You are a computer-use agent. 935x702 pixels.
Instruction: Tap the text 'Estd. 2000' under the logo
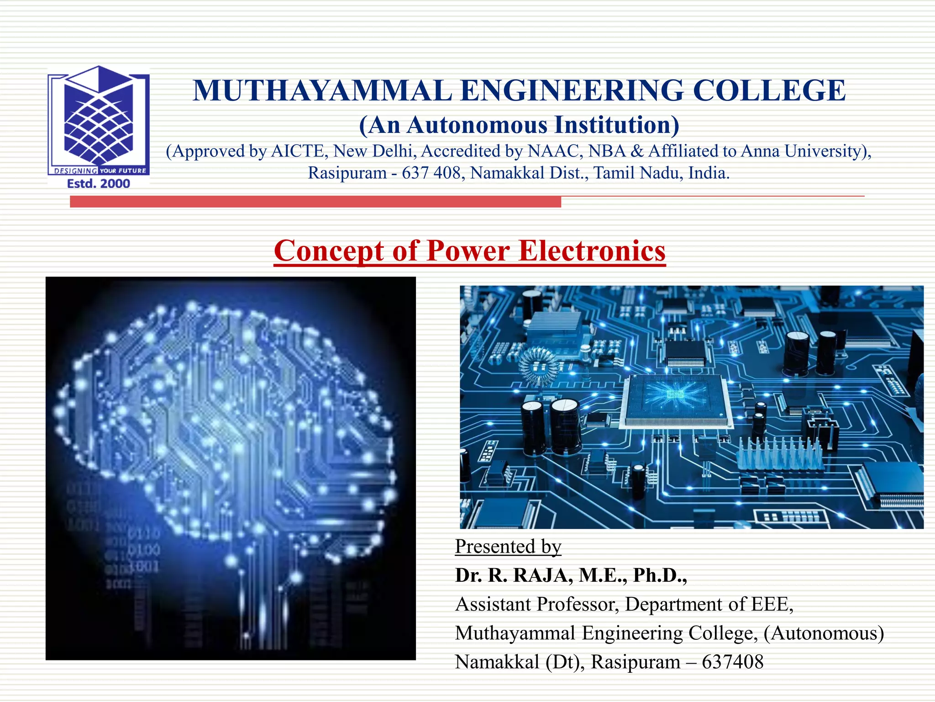click(99, 184)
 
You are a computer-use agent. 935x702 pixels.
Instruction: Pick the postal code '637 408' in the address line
click(431, 173)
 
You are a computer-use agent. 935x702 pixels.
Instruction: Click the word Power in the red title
click(468, 251)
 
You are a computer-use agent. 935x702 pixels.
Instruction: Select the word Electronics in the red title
click(592, 251)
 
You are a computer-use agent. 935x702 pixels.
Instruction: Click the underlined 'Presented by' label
click(508, 547)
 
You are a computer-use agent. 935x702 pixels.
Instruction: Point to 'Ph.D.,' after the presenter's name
click(660, 575)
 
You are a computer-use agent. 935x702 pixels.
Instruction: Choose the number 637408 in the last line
click(732, 662)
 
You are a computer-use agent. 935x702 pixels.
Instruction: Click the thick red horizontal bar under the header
click(315, 202)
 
